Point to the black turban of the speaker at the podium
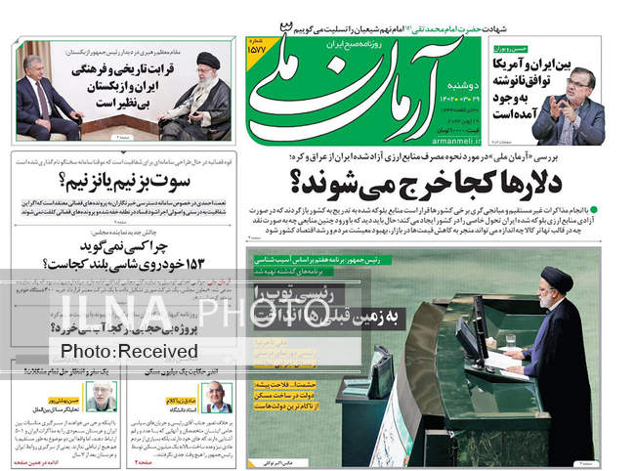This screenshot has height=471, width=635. pos(558,279)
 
